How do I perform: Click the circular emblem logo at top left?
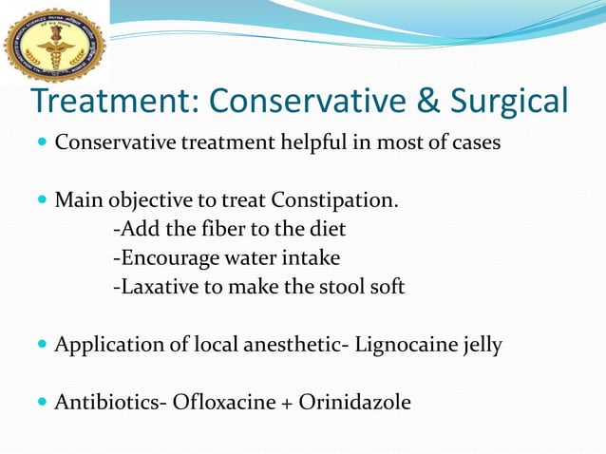coord(54,43)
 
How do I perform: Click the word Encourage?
coord(167,258)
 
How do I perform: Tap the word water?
coord(252,258)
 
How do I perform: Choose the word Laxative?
coord(151,287)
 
